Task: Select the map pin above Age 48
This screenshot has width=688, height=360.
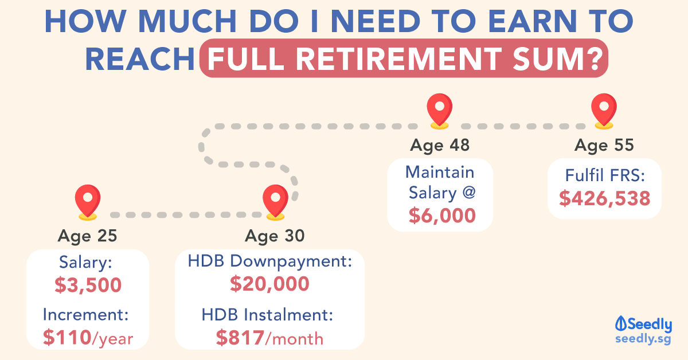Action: point(440,111)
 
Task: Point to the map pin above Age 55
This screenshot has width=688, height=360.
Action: point(604,111)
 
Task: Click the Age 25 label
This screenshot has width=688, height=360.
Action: point(88,236)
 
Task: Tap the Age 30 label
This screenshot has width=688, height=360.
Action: point(275,236)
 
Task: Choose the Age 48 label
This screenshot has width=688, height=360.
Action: point(440,145)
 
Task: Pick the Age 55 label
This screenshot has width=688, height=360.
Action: point(604,145)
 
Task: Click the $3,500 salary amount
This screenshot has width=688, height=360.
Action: point(88,285)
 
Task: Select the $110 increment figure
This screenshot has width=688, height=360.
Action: point(67,338)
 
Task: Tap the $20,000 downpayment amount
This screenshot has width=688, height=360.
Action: point(269,284)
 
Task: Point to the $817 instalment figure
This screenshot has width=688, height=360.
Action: point(240,338)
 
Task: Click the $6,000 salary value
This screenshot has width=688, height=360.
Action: point(442,216)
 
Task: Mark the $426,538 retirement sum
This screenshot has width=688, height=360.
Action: point(605,198)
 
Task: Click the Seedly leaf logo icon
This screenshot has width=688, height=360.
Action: point(620,323)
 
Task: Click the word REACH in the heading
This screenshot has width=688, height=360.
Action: point(140,59)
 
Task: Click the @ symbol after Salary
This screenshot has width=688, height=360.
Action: point(469,192)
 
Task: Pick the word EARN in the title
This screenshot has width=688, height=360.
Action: point(533,21)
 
